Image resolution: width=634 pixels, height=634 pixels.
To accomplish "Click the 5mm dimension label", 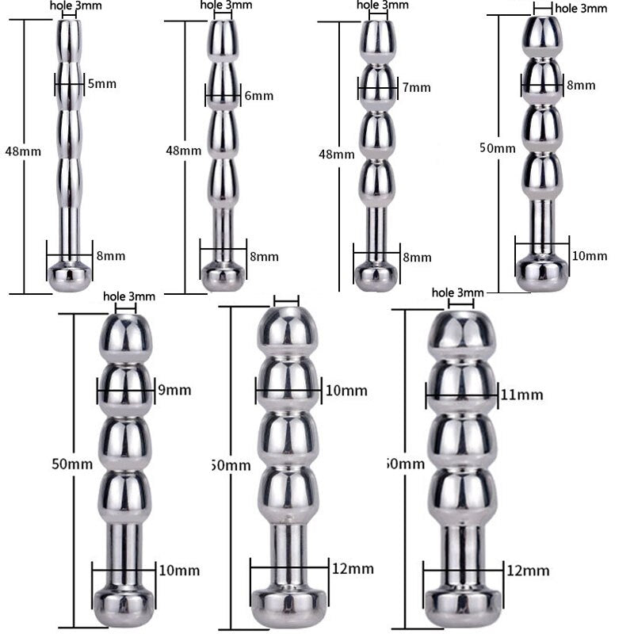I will coord(101,82).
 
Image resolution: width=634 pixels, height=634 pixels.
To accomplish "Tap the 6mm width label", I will coord(258,96).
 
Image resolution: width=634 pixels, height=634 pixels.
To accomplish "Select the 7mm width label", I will coord(416,87).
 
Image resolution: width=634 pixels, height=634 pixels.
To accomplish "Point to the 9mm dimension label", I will coord(174,390).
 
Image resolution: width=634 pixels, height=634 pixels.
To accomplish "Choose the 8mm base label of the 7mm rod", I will coord(417,257).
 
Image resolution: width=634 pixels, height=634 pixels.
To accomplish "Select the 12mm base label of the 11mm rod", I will coord(528,570).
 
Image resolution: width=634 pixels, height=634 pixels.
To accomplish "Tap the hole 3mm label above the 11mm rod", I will coord(457,293).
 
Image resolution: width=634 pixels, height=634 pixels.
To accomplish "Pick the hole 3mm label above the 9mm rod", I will coord(129,296).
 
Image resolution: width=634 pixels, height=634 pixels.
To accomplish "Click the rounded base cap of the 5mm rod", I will coord(70,276).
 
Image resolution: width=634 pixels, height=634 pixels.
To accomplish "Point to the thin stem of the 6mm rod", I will coord(224,230).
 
